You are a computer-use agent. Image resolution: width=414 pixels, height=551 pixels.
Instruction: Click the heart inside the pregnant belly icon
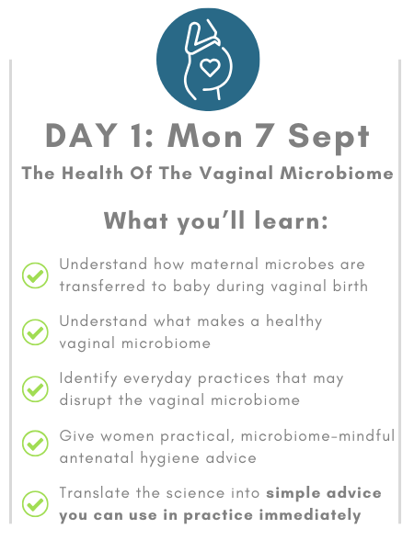pyautogui.click(x=210, y=67)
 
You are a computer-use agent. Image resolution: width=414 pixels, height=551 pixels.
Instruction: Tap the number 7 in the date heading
pyautogui.click(x=264, y=136)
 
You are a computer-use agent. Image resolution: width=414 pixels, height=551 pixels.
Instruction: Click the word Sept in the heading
pyautogui.click(x=328, y=139)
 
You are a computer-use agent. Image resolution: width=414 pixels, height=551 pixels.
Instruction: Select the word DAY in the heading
pyautogui.click(x=81, y=136)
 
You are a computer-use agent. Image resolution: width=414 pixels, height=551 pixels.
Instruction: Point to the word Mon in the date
pyautogui.click(x=205, y=136)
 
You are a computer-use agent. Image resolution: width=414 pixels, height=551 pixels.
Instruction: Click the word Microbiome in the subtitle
pyautogui.click(x=337, y=174)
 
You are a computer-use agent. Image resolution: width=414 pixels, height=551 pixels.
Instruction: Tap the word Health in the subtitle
pyautogui.click(x=92, y=174)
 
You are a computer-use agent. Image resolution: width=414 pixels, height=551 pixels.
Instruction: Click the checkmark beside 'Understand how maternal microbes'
pyautogui.click(x=35, y=275)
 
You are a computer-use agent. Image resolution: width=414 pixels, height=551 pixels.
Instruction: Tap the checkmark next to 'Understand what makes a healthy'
pyautogui.click(x=35, y=332)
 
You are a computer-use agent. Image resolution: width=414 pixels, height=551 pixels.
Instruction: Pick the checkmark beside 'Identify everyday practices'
pyautogui.click(x=35, y=389)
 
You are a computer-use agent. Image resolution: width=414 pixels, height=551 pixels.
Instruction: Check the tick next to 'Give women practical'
pyautogui.click(x=35, y=444)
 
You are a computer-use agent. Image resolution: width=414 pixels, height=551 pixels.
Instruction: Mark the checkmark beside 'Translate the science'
pyautogui.click(x=35, y=503)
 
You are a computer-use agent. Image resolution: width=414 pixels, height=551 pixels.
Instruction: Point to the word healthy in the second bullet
pyautogui.click(x=294, y=322)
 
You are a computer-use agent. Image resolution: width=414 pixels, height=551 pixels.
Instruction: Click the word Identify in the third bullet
pyautogui.click(x=88, y=378)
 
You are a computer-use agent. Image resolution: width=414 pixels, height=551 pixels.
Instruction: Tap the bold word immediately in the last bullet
pyautogui.click(x=310, y=515)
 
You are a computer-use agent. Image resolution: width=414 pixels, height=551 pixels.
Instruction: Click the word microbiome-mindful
pyautogui.click(x=318, y=436)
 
